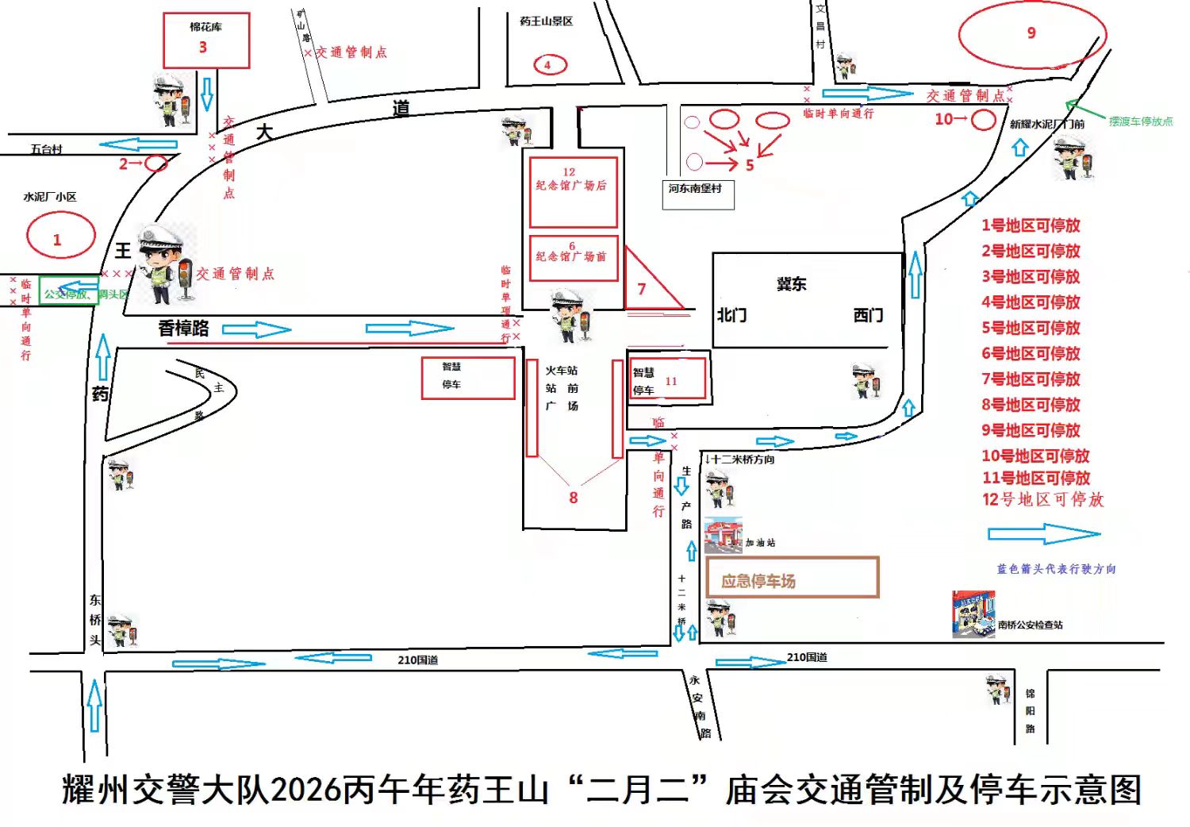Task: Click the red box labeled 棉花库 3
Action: (x=206, y=40)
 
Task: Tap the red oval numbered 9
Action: (x=1031, y=34)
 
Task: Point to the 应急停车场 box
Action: (x=792, y=578)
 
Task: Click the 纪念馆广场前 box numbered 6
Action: (x=574, y=258)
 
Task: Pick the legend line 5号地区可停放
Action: (x=1031, y=328)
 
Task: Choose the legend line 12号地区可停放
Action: (x=1042, y=500)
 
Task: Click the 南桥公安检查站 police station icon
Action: (x=973, y=614)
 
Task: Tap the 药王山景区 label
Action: (x=546, y=21)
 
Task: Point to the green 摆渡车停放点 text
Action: (x=1140, y=121)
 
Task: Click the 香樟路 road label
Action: (x=183, y=328)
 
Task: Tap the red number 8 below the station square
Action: (x=574, y=498)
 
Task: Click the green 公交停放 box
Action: (x=70, y=294)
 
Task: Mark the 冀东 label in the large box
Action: (x=791, y=284)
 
